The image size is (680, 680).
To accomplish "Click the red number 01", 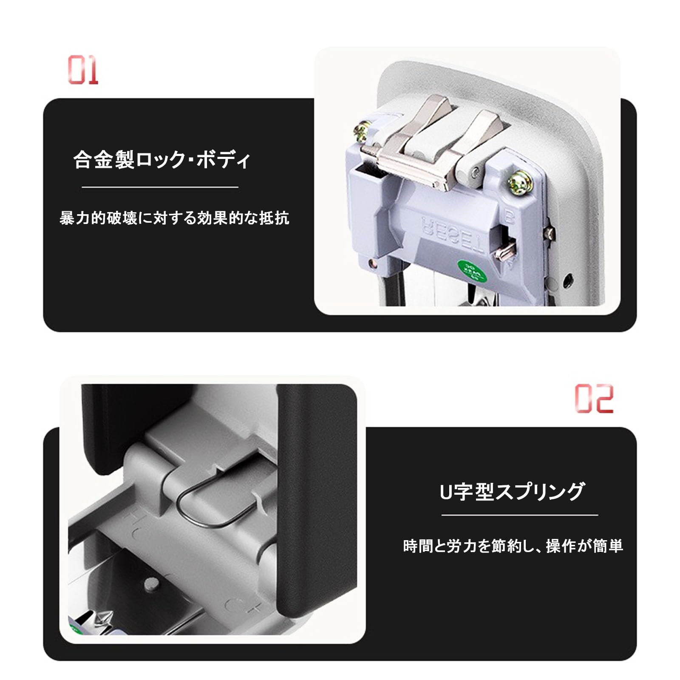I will coord(83,70).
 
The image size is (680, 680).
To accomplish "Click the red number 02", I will coord(594,398).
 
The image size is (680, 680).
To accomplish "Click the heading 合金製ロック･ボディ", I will coord(161,160).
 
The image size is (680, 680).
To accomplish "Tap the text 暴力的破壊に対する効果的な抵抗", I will coord(174,218).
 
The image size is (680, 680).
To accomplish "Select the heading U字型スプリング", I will coord(512,492).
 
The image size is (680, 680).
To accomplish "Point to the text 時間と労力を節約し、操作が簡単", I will coord(513,546).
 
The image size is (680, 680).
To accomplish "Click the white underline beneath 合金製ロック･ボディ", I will coord(160,187).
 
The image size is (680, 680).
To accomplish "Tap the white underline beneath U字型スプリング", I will coord(519,515).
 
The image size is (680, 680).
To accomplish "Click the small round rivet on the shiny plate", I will coord(150,584).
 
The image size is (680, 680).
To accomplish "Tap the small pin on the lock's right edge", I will coord(550,232).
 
